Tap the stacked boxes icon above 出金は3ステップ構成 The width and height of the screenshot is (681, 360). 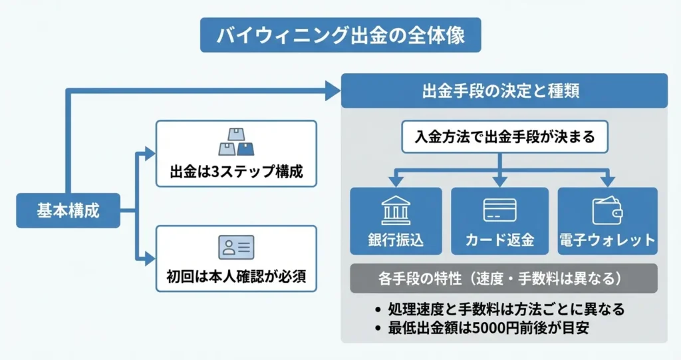(x=236, y=141)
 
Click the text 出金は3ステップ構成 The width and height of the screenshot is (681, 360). (x=236, y=172)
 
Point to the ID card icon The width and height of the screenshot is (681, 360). (x=236, y=248)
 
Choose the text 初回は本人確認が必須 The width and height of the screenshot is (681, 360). (x=236, y=277)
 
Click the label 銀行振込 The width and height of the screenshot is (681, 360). (x=396, y=240)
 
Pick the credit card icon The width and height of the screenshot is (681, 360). (x=500, y=210)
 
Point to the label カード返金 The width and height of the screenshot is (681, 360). (x=500, y=240)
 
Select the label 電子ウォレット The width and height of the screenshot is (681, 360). (x=607, y=240)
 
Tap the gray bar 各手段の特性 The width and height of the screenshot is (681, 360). (x=503, y=278)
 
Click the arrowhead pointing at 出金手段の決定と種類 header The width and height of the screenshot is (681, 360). (x=333, y=90)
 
